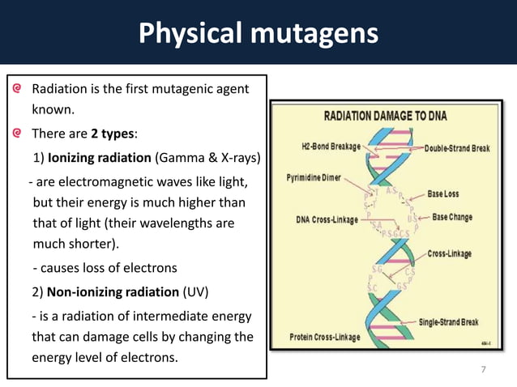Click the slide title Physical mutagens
click(258, 33)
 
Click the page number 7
click(484, 370)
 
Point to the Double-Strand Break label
click(458, 147)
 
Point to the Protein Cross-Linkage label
click(323, 337)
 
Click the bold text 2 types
click(114, 133)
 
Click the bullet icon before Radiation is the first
click(17, 87)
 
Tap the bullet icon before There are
click(17, 133)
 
